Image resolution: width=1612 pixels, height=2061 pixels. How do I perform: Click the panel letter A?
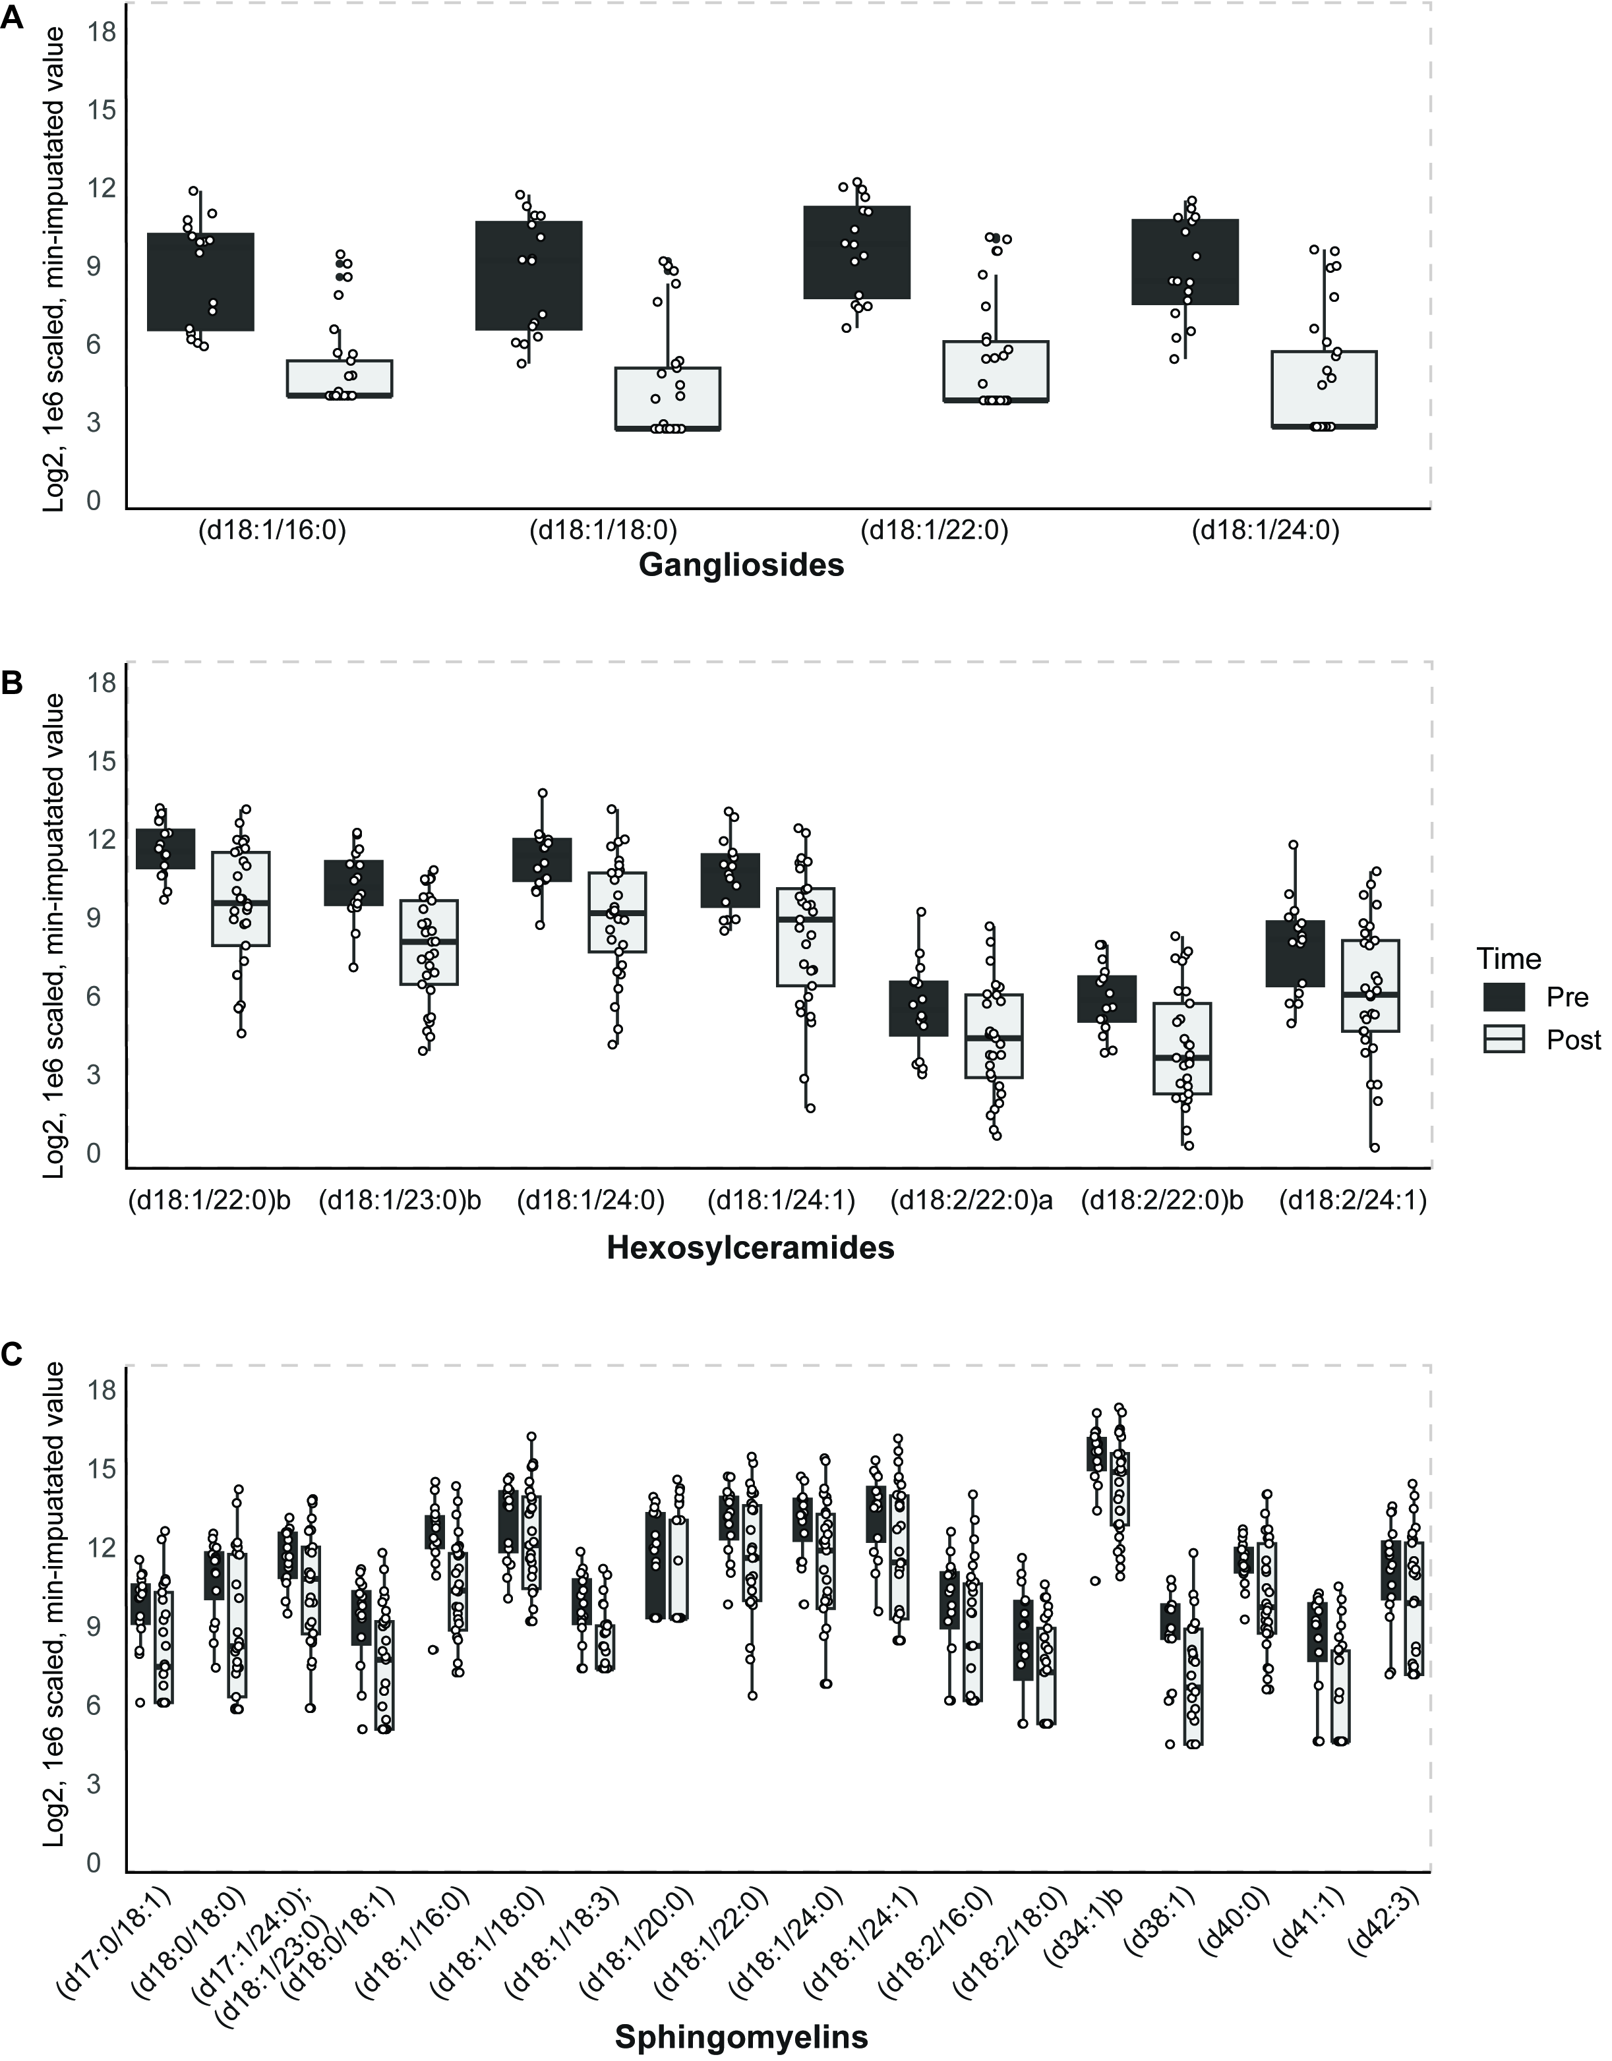[13, 20]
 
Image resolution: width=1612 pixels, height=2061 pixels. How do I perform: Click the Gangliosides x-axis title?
[741, 566]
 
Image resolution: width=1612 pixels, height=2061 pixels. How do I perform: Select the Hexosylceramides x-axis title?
[750, 1248]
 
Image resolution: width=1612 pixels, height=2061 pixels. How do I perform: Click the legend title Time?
[1509, 959]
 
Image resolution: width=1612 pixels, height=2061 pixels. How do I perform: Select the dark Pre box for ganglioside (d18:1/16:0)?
[201, 281]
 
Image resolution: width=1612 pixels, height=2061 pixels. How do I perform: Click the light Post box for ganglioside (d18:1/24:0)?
[1323, 389]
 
